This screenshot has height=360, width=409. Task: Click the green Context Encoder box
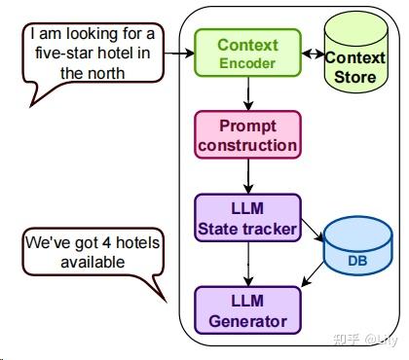point(247,54)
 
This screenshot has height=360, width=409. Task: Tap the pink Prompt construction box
point(247,135)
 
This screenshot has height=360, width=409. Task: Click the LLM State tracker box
point(247,219)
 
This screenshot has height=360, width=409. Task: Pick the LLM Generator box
point(247,310)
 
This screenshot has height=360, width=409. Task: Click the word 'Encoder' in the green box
point(247,63)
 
